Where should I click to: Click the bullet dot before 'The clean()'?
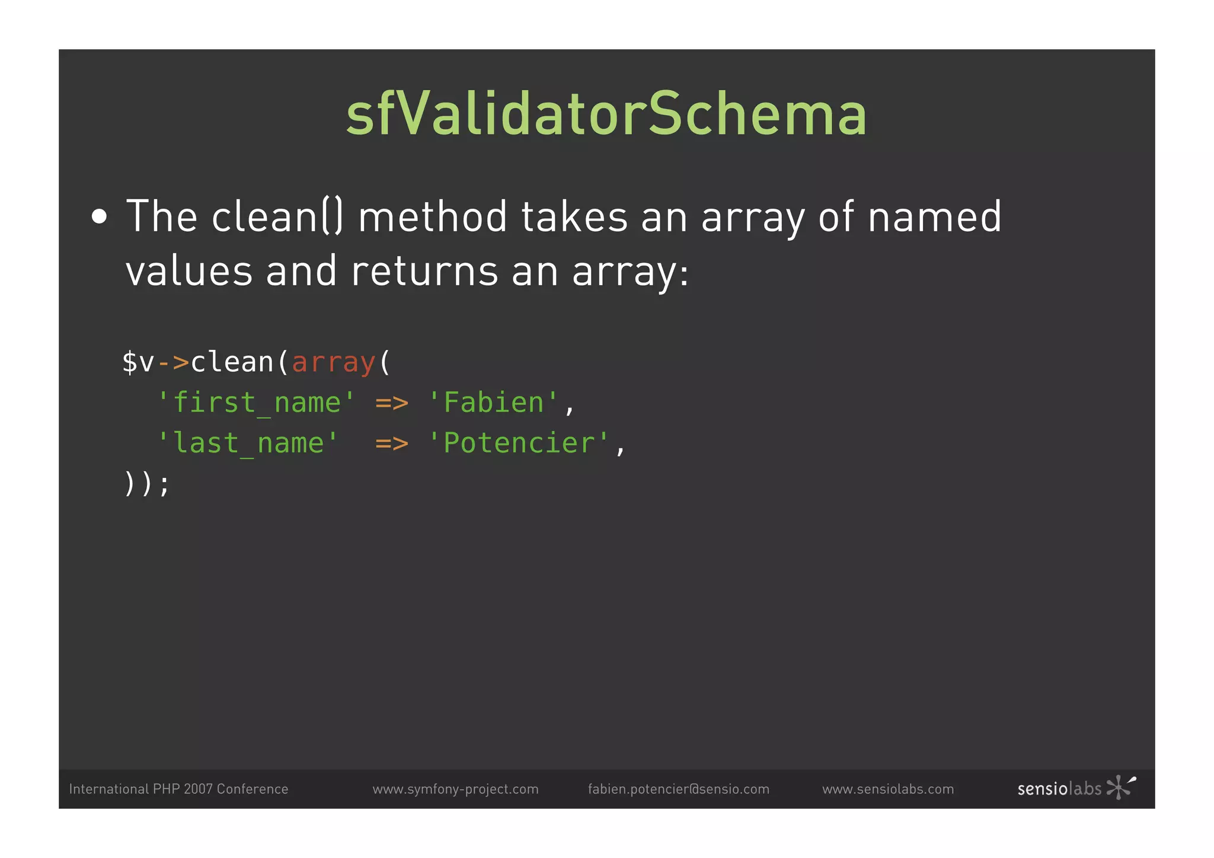100,217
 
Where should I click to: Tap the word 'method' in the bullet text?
433,216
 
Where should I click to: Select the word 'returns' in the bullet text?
424,271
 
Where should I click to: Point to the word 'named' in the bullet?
934,216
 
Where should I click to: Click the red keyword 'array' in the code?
334,362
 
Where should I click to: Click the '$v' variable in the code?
138,362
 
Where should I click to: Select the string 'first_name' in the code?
256,403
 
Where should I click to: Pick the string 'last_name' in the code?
248,444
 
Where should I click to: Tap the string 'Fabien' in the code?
493,403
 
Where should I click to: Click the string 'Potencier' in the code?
519,444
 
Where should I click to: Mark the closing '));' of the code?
146,484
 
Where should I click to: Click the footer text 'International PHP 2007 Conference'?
178,789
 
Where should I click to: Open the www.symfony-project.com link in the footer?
455,789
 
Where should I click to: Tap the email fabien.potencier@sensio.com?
678,789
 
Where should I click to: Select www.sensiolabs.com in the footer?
888,789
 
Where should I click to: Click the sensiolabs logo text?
1059,789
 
